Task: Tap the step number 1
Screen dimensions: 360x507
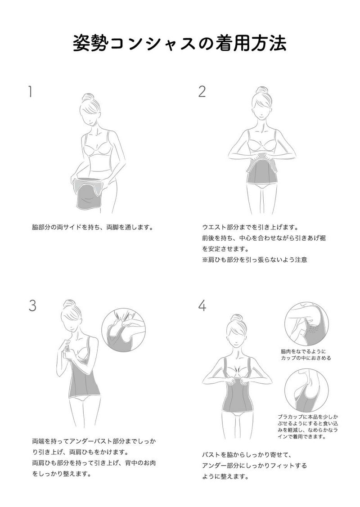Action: [x=30, y=91]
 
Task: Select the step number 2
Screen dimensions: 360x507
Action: [x=202, y=91]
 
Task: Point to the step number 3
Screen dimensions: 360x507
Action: [x=32, y=305]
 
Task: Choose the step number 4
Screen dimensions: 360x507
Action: [x=202, y=305]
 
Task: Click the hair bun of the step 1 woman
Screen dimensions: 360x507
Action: [x=88, y=97]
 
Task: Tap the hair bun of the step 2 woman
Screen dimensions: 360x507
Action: [x=261, y=90]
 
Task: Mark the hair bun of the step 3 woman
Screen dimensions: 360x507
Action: [x=69, y=304]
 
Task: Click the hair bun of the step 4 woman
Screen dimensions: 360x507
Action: [x=236, y=318]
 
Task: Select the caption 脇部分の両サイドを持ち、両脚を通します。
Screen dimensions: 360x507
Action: [x=92, y=227]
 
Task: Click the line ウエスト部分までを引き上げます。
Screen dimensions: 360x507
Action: [x=250, y=227]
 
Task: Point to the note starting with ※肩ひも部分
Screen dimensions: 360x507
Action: [x=255, y=259]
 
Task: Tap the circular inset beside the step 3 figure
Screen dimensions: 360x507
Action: [x=124, y=330]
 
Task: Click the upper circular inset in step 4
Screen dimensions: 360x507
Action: [x=306, y=324]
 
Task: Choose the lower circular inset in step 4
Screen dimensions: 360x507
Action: [x=306, y=390]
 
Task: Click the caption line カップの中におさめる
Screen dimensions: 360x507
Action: [x=306, y=358]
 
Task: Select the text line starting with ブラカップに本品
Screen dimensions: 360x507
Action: [x=308, y=417]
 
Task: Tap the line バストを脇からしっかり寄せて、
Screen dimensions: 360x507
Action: [x=247, y=455]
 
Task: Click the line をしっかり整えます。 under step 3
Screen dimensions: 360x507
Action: [x=61, y=474]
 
